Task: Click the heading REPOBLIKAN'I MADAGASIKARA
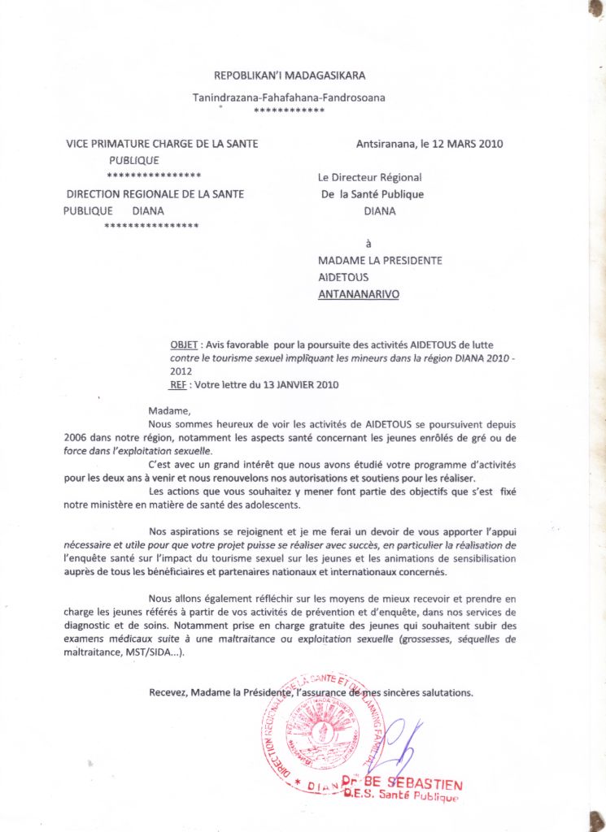[290, 76]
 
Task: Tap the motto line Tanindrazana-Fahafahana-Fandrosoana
[289, 98]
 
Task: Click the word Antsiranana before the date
[385, 144]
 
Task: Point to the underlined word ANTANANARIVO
[358, 294]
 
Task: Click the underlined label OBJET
[184, 344]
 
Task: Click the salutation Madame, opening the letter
[169, 410]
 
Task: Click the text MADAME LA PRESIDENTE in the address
[380, 260]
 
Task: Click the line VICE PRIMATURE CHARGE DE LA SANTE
[162, 144]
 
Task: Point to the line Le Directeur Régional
[369, 177]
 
